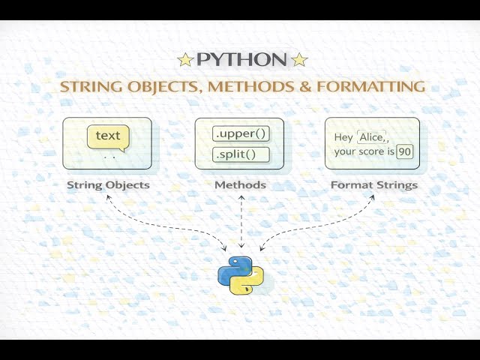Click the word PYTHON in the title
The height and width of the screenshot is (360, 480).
tap(241, 59)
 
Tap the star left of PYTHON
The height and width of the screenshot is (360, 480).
tap(185, 59)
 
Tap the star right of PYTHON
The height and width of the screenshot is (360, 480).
tap(299, 59)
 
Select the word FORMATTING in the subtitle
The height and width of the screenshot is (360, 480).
tap(371, 86)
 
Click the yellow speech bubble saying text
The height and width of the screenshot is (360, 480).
tap(108, 136)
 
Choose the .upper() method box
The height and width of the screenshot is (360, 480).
tap(240, 134)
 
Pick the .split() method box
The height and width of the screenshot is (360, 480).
tap(240, 155)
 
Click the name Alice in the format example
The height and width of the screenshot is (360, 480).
tap(372, 136)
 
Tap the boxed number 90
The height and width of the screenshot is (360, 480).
tap(405, 151)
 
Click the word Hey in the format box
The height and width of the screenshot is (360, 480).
tap(343, 137)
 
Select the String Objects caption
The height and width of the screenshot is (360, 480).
tap(108, 185)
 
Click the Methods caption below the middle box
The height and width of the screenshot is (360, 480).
tap(240, 185)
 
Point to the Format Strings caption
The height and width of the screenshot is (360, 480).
tap(374, 185)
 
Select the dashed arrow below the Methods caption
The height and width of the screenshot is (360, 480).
tap(241, 221)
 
